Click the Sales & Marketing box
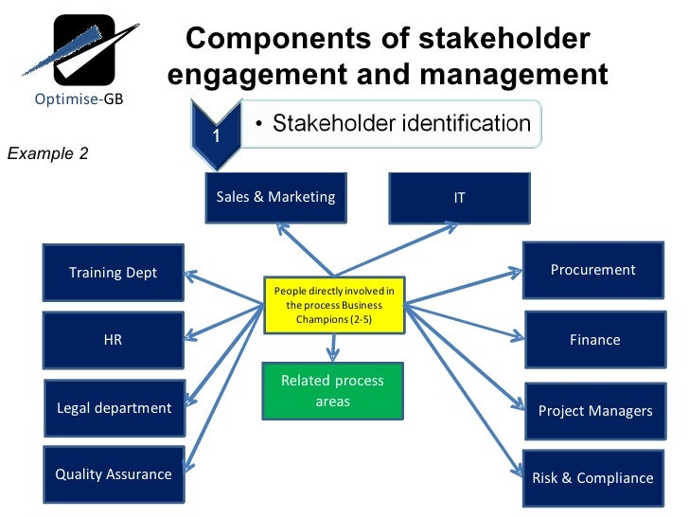[275, 198]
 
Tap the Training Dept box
[114, 273]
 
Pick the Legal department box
[114, 408]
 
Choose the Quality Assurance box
[114, 474]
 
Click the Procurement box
[593, 271]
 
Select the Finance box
[594, 340]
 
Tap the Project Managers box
[595, 411]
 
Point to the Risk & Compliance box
[592, 477]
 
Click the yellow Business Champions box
[333, 305]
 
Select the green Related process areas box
[332, 391]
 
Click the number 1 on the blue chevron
[216, 135]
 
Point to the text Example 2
[48, 152]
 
